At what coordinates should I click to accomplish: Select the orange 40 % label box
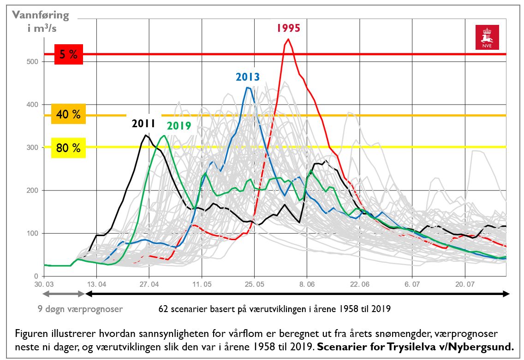click(x=68, y=114)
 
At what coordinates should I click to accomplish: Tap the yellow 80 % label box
click(x=68, y=148)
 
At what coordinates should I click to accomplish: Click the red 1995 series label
click(x=288, y=28)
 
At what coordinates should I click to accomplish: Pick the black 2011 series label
click(x=143, y=124)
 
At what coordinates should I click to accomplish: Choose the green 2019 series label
click(x=179, y=125)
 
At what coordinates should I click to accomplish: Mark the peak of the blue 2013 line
click(x=248, y=87)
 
